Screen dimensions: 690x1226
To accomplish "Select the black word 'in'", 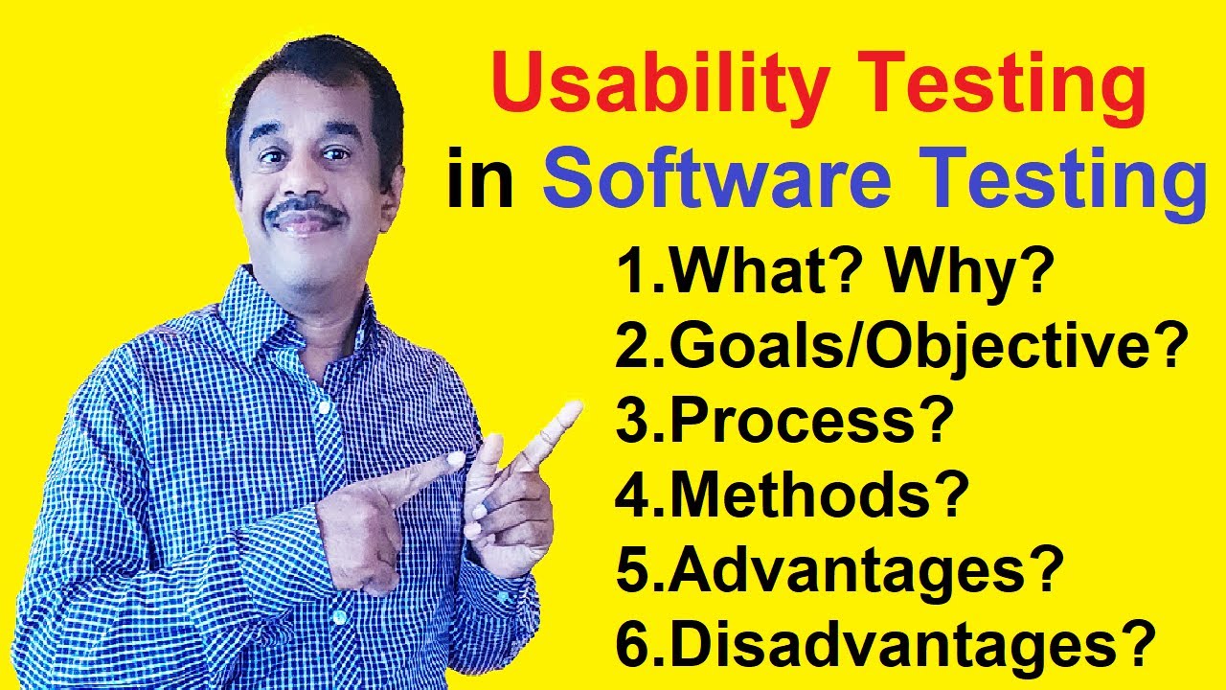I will click(480, 183).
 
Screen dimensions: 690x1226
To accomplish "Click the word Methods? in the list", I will click(818, 495).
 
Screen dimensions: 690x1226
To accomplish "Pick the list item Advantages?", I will click(866, 569).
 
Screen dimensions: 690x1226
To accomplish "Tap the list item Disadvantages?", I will click(911, 644).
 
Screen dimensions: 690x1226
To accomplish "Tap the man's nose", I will click(305, 182).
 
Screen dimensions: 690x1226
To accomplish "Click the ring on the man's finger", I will click(490, 501).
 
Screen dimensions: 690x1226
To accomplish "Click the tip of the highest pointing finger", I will click(572, 411).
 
